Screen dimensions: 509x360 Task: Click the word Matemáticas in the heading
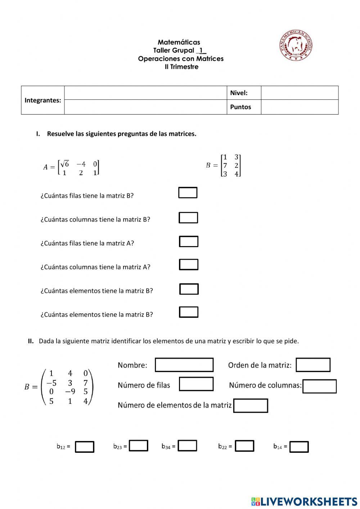tap(179, 42)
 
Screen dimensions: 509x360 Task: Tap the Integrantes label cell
tap(43, 100)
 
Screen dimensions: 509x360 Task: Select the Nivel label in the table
tap(239, 93)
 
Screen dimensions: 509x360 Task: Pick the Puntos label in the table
tap(240, 107)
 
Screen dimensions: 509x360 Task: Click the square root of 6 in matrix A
tap(65, 164)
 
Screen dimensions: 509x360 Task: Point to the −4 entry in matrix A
tap(81, 164)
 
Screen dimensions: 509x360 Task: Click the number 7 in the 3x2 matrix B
tap(225, 166)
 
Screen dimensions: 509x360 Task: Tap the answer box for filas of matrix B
tap(188, 193)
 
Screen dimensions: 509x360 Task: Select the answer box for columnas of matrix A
tap(189, 265)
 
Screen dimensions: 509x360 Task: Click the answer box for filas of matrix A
tap(189, 241)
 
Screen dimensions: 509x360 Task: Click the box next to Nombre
tap(184, 365)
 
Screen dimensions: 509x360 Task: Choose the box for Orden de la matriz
tap(313, 365)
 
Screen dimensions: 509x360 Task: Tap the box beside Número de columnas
tap(319, 386)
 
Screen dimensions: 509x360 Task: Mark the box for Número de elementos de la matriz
tap(251, 406)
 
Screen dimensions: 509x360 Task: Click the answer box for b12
tap(85, 447)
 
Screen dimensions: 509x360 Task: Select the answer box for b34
tap(187, 446)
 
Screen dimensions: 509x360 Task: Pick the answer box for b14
tap(299, 447)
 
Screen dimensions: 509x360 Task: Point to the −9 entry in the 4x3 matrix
tap(70, 392)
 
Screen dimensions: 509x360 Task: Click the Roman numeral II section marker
tap(31, 341)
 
